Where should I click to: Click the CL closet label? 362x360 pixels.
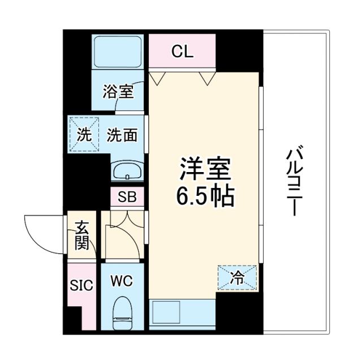183,53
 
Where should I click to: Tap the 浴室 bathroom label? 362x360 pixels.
118,92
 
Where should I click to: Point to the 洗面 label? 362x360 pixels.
122,136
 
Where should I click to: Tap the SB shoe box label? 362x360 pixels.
127,198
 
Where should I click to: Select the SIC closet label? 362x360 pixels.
81,284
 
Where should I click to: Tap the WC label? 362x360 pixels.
121,281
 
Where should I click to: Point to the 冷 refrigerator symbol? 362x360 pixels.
238,277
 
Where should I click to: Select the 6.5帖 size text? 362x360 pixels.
205,197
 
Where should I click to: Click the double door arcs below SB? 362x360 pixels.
125,226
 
